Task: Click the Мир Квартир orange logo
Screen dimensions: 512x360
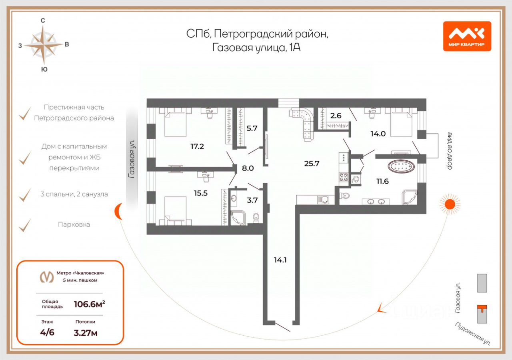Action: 467,36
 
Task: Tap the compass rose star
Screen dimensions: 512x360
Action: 44,45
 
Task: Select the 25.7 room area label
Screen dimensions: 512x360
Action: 312,164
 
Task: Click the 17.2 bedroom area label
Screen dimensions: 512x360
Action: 197,146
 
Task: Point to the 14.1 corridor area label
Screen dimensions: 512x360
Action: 280,260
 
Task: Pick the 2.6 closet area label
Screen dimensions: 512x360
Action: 336,116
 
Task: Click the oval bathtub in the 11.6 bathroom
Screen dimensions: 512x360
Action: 401,166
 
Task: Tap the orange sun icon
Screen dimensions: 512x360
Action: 450,204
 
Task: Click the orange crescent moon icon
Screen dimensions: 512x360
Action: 118,212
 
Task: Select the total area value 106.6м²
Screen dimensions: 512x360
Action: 89,304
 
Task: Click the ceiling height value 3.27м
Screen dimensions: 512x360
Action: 86,333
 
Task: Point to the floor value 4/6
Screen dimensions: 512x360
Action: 47,332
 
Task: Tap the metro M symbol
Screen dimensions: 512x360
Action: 47,277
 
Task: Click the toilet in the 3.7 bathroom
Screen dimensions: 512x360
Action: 256,218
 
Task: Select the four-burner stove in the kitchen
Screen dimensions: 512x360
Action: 344,177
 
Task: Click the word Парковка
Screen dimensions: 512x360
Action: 74,224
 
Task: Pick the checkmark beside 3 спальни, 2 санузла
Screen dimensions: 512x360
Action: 25,195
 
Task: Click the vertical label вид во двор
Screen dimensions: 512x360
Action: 449,151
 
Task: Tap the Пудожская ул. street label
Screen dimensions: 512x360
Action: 472,334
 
